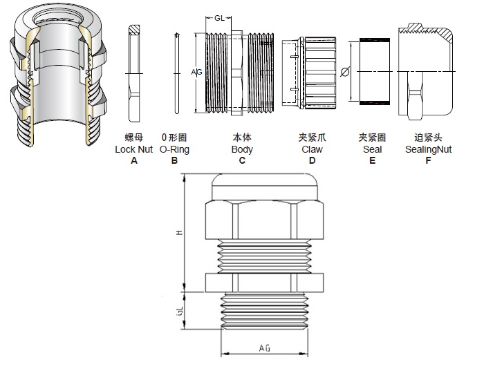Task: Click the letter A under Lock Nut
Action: tap(134, 160)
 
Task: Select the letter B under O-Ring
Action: tap(174, 160)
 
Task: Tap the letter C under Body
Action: tap(242, 160)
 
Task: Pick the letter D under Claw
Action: tap(313, 160)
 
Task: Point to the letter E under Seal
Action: tap(372, 160)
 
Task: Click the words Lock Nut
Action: tap(134, 149)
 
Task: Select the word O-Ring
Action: tap(174, 149)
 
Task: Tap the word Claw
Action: tap(313, 149)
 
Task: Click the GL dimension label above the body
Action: tap(218, 19)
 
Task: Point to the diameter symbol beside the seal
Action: tap(345, 71)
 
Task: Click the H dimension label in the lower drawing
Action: tap(179, 233)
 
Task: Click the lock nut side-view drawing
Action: tap(134, 73)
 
